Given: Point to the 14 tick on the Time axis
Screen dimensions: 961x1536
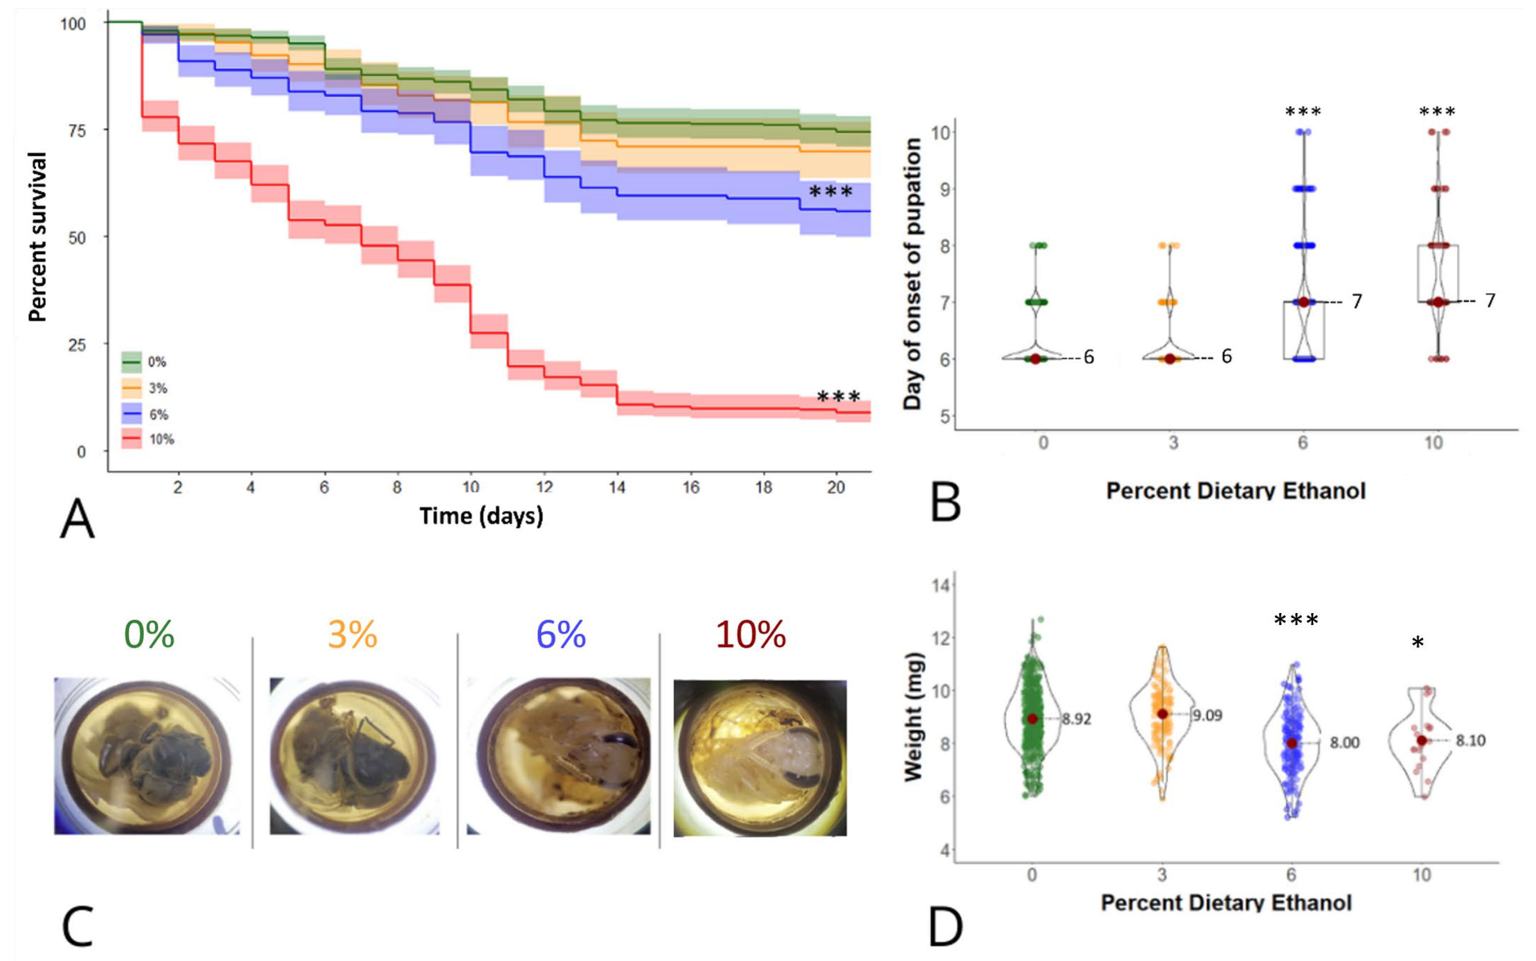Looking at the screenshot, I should point(617,488).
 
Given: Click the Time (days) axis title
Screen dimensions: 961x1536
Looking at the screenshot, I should point(481,516).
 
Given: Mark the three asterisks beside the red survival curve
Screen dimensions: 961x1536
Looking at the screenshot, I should point(838,397).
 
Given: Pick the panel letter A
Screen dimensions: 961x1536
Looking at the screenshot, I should point(77,520).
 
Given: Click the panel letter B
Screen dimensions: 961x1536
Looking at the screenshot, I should point(946,504).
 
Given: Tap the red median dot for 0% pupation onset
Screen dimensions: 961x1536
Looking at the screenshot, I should point(1035,359).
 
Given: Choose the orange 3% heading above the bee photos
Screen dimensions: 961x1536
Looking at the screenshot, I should point(352,634).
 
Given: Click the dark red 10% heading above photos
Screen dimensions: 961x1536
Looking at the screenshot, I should point(751,634).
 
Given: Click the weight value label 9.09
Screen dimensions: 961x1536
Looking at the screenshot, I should point(1206,716).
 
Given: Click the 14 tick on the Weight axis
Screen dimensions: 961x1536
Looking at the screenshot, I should point(941,585).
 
